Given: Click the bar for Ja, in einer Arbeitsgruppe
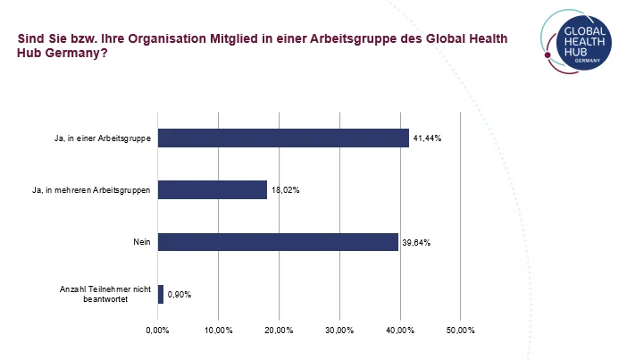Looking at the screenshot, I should pos(283,138).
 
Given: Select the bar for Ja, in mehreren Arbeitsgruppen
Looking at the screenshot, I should pos(213,189).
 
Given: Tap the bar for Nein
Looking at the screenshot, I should pos(278,242).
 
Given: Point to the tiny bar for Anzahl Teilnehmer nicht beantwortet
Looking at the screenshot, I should pos(161,294).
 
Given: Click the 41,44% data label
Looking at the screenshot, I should pos(428,138).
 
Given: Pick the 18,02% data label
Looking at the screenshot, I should pos(285,190).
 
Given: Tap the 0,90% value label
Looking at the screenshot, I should pos(180,295).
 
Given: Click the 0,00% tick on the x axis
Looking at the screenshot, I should pos(157,331).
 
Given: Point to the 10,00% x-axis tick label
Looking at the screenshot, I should pos(218,331).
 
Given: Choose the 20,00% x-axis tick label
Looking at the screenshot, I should pos(279,331).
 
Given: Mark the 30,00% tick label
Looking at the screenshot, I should pos(339,331).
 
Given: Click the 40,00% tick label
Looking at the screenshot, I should pos(399,331).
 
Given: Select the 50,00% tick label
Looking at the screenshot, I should pos(460,331).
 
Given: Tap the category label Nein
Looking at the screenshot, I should pos(142,242).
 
